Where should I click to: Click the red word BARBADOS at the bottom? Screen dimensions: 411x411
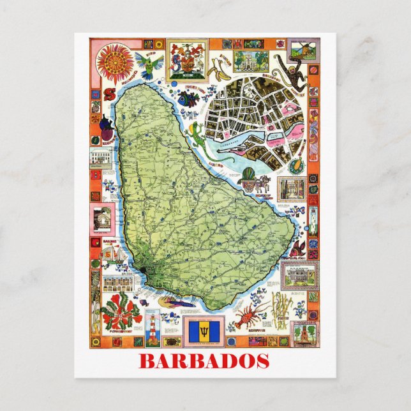click(204, 361)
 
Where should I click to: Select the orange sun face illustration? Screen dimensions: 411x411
click(114, 61)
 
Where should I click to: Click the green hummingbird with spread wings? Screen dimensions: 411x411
click(149, 62)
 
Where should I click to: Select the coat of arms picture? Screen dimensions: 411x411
click(187, 57)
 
